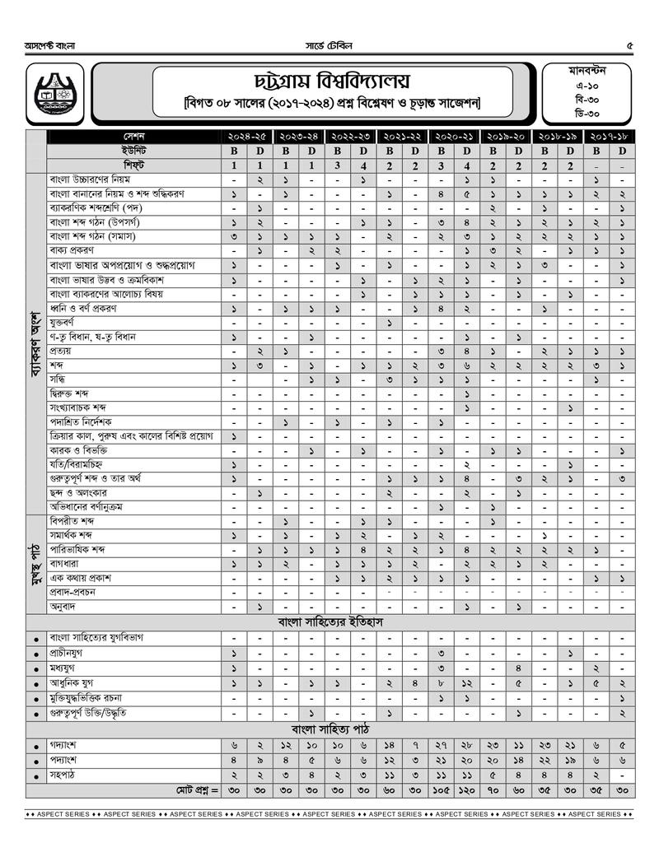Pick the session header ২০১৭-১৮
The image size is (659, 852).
click(x=609, y=136)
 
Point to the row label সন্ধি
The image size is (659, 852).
click(x=58, y=379)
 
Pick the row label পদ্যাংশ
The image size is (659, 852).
click(x=64, y=760)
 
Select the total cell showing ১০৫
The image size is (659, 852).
click(x=442, y=790)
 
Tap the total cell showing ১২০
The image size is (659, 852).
click(x=467, y=790)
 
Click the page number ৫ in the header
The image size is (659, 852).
click(x=630, y=45)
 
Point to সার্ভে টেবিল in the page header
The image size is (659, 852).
click(x=328, y=45)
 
